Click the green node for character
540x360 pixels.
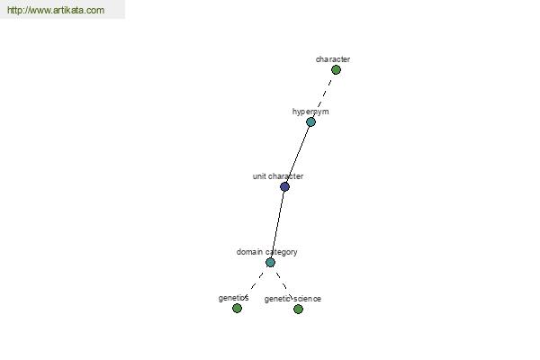[336, 70]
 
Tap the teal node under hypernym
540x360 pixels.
[310, 122]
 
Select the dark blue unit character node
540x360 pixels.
[284, 186]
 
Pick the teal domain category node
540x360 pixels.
[270, 263]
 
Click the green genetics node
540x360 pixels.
[237, 309]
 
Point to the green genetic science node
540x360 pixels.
[298, 310]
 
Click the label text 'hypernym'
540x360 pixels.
[310, 112]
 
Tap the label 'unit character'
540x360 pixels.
[278, 176]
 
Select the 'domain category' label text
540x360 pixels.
[267, 252]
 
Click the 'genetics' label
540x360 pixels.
[233, 298]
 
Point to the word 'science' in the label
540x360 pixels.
[308, 299]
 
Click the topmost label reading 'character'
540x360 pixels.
[333, 59]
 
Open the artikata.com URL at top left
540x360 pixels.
[56, 10]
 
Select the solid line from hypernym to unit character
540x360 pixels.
[298, 154]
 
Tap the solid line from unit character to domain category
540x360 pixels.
[277, 224]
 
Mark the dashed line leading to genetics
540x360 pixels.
[254, 285]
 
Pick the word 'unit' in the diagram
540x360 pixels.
[259, 176]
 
